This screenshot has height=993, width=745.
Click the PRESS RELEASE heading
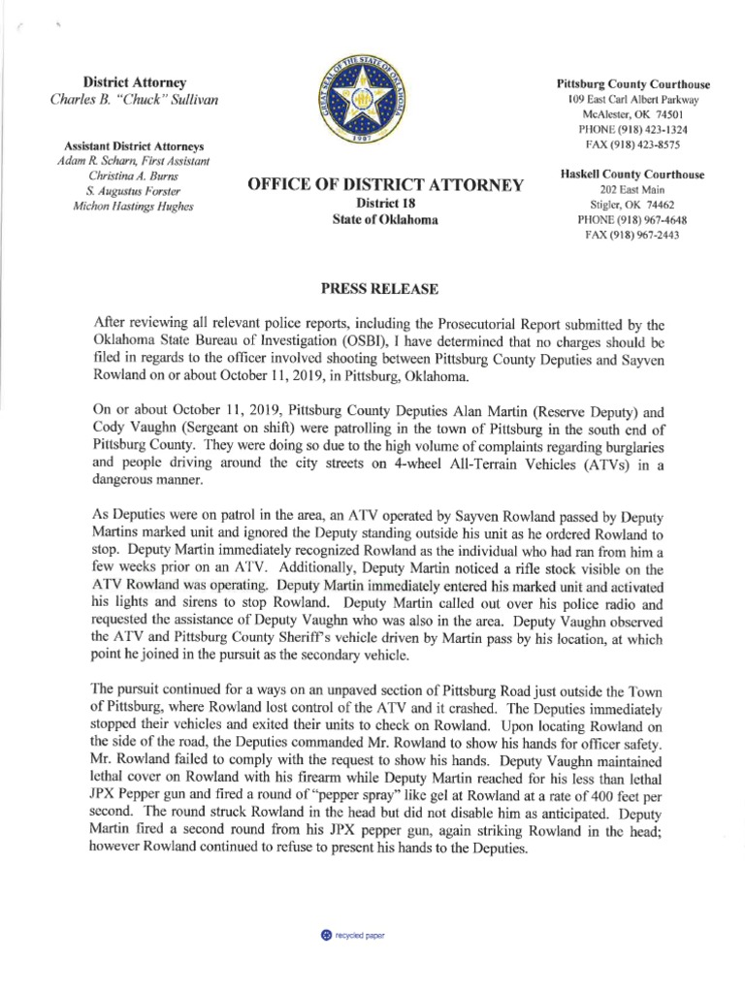coord(372,289)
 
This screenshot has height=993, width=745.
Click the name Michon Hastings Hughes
coord(127,206)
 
